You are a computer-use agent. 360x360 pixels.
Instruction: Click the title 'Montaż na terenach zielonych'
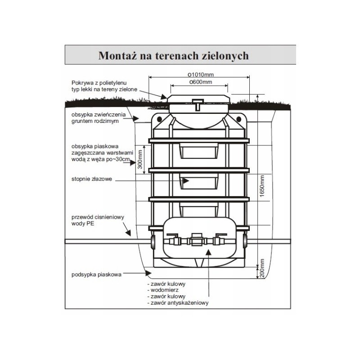point(174,56)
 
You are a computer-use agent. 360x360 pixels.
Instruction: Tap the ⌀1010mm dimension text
point(201,75)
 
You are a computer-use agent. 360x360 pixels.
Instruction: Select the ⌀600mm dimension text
point(200,82)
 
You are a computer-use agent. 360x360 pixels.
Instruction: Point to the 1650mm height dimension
point(262,186)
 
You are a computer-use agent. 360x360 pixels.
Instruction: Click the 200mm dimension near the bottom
point(262,268)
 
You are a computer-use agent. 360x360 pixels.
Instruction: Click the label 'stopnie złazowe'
point(92,179)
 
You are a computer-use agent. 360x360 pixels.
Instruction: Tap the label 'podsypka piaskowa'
point(96,274)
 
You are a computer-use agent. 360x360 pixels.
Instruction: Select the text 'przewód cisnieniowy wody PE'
point(98,220)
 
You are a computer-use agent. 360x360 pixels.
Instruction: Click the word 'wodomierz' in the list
point(164,290)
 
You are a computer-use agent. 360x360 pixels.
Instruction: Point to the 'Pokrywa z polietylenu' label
point(99,83)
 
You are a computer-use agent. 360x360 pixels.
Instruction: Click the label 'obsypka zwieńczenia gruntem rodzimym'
point(99,118)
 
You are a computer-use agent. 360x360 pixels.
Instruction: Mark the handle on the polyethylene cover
point(198,104)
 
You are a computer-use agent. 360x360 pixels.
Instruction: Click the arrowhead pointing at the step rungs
point(185,181)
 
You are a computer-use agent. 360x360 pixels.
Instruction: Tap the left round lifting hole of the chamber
point(159,119)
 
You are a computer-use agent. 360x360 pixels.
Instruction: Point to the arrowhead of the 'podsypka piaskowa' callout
point(148,273)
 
